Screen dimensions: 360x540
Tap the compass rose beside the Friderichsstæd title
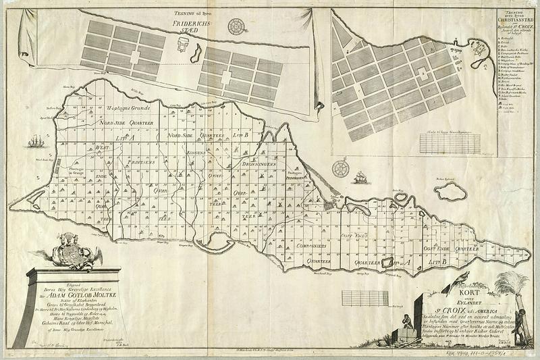click(x=237, y=27)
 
